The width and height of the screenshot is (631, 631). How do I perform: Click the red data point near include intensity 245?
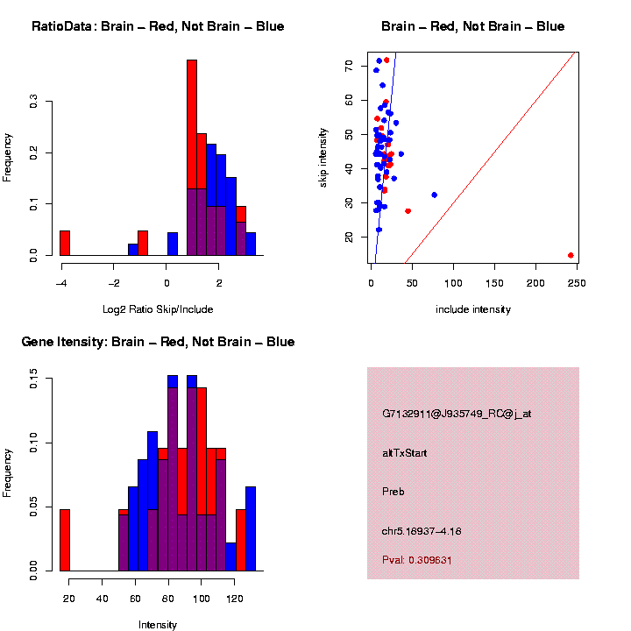(571, 255)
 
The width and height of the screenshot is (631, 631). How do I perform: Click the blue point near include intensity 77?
(434, 195)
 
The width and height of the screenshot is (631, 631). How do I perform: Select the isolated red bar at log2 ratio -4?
(65, 243)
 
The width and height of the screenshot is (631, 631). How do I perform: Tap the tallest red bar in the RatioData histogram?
(192, 123)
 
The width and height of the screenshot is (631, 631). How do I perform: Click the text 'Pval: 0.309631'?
(429, 559)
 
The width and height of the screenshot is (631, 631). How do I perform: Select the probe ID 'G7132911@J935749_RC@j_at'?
(457, 414)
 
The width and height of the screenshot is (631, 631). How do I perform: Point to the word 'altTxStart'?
(405, 453)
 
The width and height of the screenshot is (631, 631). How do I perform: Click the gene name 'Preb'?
(393, 492)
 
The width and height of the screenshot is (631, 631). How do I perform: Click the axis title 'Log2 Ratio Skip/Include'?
(158, 308)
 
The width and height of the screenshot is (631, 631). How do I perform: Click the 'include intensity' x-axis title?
(473, 309)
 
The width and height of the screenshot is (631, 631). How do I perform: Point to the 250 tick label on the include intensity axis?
(577, 282)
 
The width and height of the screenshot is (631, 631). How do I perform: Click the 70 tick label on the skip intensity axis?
(350, 66)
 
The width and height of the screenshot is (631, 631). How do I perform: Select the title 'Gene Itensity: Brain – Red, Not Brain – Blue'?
(158, 342)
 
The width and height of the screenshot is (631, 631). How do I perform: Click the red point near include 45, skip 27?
(408, 210)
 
